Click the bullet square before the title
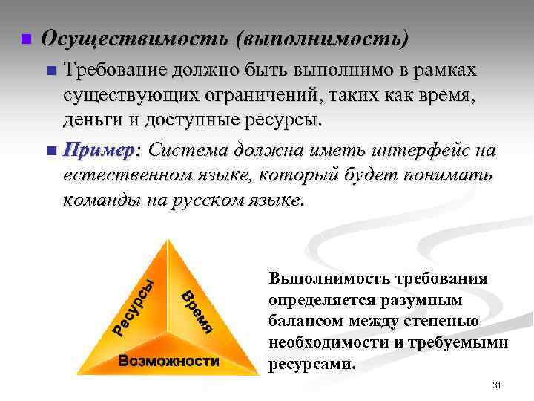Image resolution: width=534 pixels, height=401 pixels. pos(24,39)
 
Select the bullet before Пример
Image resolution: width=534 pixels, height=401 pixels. pos(51,151)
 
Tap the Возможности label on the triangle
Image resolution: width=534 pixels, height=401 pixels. pos(169,362)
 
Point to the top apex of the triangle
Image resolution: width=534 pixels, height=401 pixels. pos(170,239)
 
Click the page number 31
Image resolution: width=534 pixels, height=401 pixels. pos(498,385)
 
